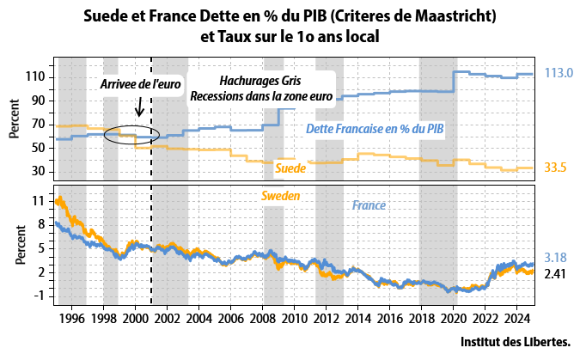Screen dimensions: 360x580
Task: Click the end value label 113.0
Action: pyautogui.click(x=559, y=74)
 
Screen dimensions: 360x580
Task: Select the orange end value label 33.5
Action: pyautogui.click(x=555, y=168)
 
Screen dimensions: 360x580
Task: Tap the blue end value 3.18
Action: pyautogui.click(x=556, y=257)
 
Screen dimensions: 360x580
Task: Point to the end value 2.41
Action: pyautogui.click(x=556, y=274)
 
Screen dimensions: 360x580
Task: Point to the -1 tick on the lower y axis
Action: pyautogui.click(x=40, y=295)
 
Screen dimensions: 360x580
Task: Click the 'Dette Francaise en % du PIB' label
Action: pyautogui.click(x=375, y=129)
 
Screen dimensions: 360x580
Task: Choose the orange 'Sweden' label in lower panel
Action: pyautogui.click(x=281, y=196)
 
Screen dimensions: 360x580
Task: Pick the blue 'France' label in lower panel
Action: pyautogui.click(x=369, y=206)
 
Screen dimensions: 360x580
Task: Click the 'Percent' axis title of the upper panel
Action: pyautogui.click(x=15, y=120)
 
